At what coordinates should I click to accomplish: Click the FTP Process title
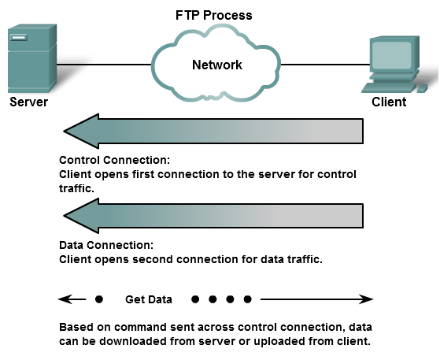[214, 15]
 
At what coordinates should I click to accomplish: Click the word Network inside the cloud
[217, 65]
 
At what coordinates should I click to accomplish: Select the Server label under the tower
[28, 102]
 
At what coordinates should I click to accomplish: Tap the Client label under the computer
[389, 102]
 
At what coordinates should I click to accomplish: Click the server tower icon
[32, 58]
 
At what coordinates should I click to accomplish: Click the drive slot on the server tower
[19, 37]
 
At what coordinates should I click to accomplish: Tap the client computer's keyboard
[389, 87]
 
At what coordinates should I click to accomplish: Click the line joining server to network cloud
[104, 65]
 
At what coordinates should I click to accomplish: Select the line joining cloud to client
[325, 65]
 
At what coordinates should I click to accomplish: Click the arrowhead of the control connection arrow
[81, 131]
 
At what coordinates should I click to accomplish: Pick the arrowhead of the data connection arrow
[81, 216]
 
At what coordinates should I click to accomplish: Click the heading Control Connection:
[114, 160]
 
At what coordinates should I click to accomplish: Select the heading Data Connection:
[106, 245]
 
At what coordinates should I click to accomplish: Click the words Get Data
[149, 299]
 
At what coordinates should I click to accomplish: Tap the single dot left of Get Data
[99, 299]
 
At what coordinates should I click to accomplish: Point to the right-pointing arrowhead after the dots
[366, 299]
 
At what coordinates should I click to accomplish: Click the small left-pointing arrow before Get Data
[72, 299]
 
